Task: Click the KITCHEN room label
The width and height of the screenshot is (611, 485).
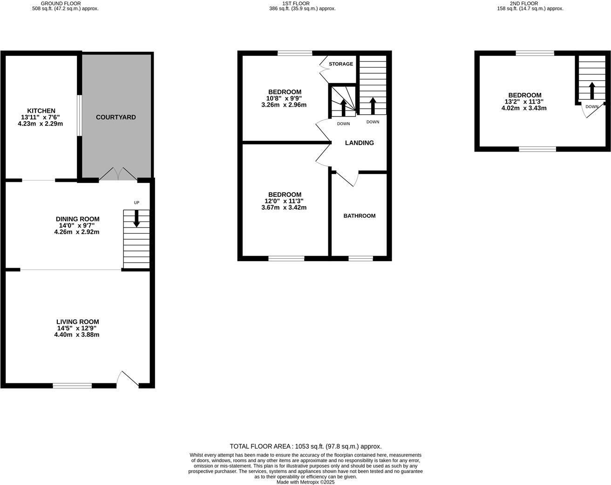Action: [x=41, y=111]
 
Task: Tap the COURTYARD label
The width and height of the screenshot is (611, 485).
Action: [x=116, y=117]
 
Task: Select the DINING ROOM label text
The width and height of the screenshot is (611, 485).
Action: [x=77, y=219]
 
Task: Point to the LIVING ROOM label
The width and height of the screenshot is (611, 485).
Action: [x=77, y=322]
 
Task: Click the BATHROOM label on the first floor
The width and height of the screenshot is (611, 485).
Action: [x=359, y=216]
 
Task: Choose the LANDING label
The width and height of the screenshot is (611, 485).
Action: [x=359, y=143]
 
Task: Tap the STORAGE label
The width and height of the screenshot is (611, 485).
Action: [x=341, y=64]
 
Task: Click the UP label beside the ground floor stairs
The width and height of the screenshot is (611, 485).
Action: [x=136, y=203]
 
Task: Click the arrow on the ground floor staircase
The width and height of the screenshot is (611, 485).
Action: [x=136, y=219]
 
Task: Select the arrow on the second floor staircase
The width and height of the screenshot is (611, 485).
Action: [x=591, y=90]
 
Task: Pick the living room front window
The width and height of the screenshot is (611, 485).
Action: [x=72, y=386]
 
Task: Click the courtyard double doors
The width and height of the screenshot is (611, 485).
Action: [x=118, y=174]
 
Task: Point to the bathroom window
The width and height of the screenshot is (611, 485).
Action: [x=360, y=258]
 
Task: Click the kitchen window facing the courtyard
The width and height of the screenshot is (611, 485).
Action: [x=80, y=116]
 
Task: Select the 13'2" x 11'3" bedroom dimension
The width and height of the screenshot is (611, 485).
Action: [x=524, y=102]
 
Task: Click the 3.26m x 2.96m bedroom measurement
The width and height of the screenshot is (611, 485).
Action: [x=284, y=105]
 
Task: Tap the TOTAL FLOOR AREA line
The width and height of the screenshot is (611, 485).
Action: [x=305, y=446]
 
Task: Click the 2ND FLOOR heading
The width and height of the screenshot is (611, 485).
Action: [x=524, y=3]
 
